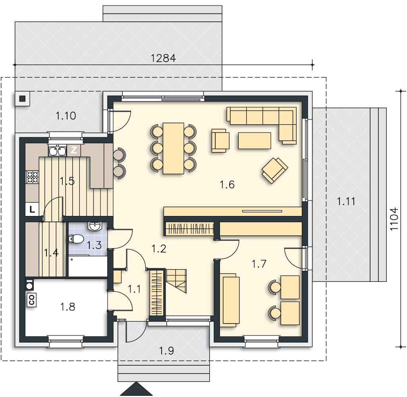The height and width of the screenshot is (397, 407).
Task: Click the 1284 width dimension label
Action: pos(163,58)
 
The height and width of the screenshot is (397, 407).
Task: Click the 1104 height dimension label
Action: pos(394,219)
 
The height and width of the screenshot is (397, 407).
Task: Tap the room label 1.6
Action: pos(227,185)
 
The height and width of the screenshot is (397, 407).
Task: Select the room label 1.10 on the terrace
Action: pos(66,116)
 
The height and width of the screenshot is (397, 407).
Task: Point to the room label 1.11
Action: pos(346,201)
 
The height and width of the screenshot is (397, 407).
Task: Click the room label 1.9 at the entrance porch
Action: pos(166,351)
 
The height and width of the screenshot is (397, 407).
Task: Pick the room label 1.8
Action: pos(68,307)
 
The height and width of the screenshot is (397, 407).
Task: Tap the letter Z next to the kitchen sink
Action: pos(74,150)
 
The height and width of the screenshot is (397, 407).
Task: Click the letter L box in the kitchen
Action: pos(32,209)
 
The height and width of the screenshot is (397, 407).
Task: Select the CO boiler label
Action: pos(32,300)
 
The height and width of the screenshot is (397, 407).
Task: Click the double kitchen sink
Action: pos(57,150)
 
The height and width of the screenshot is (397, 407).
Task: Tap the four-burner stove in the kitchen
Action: pos(33,177)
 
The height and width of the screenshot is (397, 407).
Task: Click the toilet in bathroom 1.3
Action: pos(76,239)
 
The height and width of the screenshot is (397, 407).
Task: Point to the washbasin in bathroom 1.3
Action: pos(95,226)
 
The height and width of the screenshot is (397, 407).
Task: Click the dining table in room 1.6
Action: pos(174,148)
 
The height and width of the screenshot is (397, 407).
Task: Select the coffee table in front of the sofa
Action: pos(255,141)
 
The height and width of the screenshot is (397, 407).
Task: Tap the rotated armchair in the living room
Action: pos(275,170)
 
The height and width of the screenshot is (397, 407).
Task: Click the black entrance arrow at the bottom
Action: pos(136,389)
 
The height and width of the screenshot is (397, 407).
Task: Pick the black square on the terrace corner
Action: pos(22,98)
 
